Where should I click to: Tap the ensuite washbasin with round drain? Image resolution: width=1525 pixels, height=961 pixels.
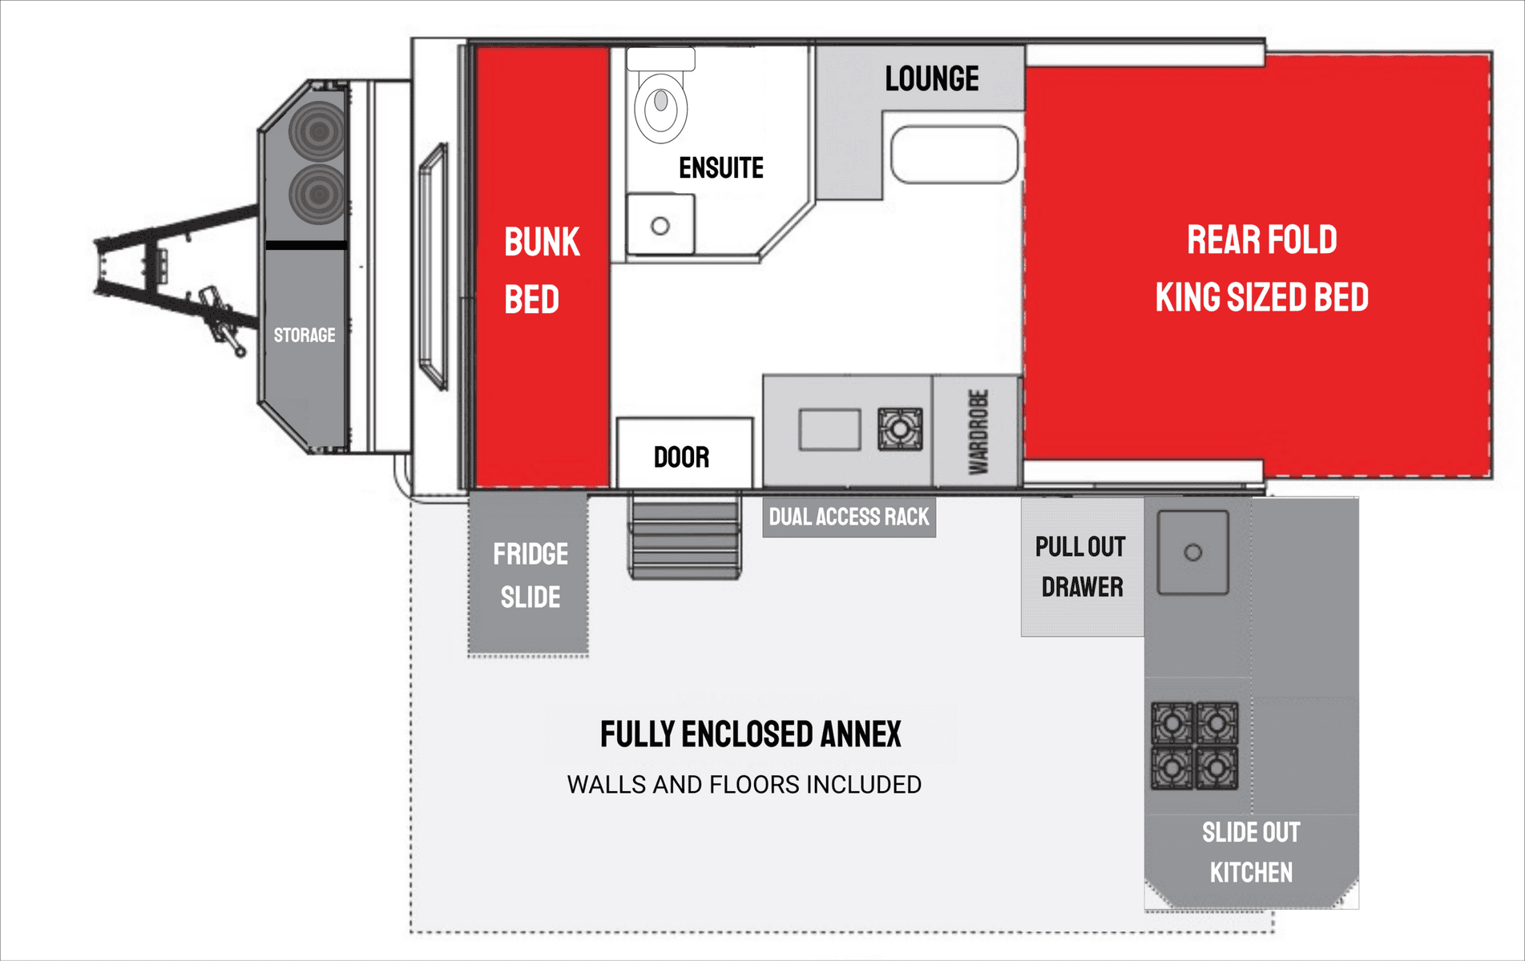pos(660,224)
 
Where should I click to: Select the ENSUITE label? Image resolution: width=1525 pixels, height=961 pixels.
pos(721,168)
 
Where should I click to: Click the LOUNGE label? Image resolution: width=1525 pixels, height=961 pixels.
pos(932,78)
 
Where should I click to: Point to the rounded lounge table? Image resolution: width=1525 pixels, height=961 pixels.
pos(954,155)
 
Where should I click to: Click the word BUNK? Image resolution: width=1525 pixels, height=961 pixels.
pos(542,242)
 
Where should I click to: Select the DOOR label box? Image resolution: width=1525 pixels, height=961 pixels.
pos(684,452)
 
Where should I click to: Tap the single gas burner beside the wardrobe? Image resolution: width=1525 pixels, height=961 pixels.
pos(900,429)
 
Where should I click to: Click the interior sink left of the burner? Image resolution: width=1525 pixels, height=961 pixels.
pos(829,429)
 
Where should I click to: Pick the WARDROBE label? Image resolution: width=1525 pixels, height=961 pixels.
pos(978,432)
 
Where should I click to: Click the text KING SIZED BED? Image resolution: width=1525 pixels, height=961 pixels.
pos(1262,297)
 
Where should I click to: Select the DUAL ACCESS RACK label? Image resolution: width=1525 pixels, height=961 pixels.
pos(849,517)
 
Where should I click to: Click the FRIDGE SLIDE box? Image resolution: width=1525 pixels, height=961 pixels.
pos(528,573)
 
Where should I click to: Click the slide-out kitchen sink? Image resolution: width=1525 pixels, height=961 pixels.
pos(1193,553)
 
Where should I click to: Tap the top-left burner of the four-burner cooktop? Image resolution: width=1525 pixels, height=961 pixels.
pos(1172,723)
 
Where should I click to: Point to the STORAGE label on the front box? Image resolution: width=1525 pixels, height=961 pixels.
pos(305,335)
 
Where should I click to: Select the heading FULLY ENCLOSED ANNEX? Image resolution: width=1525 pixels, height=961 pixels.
pos(751,734)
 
